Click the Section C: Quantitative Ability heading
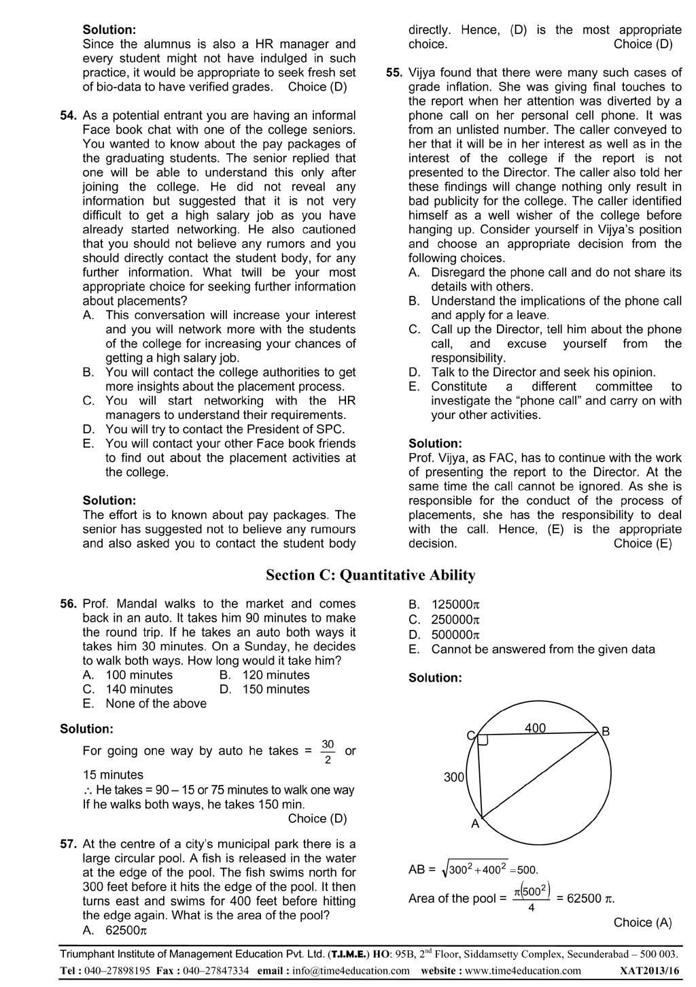370,575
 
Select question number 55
394,73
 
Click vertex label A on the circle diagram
475,824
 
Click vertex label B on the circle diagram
606,732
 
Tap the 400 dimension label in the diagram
536,728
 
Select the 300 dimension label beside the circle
453,777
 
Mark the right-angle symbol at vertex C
483,740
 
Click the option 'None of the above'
156,704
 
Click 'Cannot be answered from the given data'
543,650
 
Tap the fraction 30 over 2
328,752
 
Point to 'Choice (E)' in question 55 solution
642,543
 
